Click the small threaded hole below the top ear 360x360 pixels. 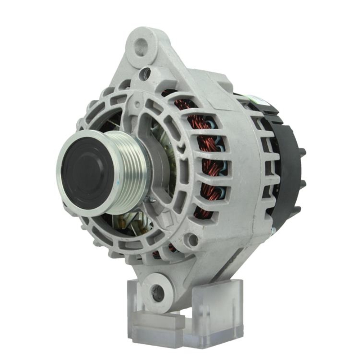point(147,73)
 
